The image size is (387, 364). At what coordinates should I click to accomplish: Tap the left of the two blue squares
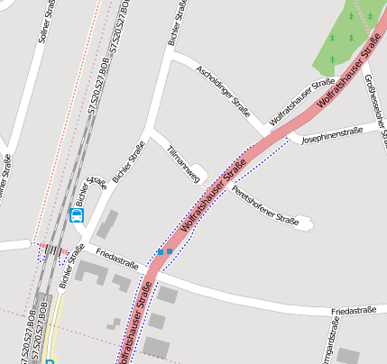click(161, 252)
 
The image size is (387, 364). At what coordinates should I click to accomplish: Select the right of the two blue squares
click(170, 250)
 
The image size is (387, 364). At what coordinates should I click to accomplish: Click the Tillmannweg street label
click(183, 165)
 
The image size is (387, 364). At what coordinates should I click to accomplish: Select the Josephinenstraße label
click(332, 135)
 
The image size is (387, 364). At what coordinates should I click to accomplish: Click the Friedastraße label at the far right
click(353, 311)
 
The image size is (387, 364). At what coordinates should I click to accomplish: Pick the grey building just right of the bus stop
click(107, 223)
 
